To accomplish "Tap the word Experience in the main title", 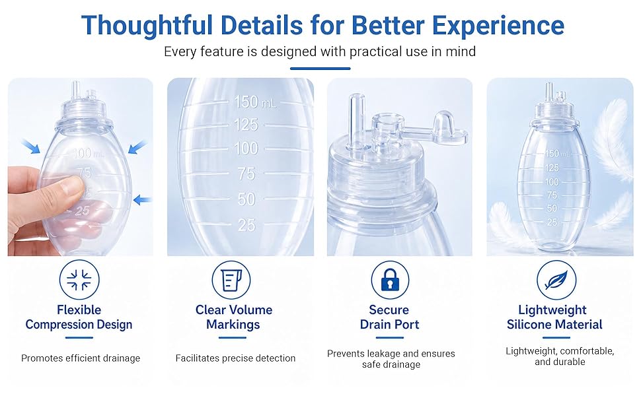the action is coord(498,25).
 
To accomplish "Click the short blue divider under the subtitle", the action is coord(320,68).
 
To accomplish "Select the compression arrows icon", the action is coord(79,280).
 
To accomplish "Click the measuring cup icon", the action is coord(231,280).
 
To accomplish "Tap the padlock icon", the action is coord(390,280).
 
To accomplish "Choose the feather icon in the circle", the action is coord(556,280).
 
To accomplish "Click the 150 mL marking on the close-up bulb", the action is coord(254,102).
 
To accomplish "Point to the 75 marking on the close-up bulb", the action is coord(246,174).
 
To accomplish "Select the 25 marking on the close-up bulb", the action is coord(247,225).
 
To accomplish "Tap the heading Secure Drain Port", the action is coord(390,317).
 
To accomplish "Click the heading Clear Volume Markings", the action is coord(234,317).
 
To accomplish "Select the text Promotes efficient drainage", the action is coord(81,358).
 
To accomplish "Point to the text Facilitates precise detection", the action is coord(235,358).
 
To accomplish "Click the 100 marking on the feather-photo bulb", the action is coord(552,181).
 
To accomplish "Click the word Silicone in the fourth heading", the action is coord(529,325).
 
